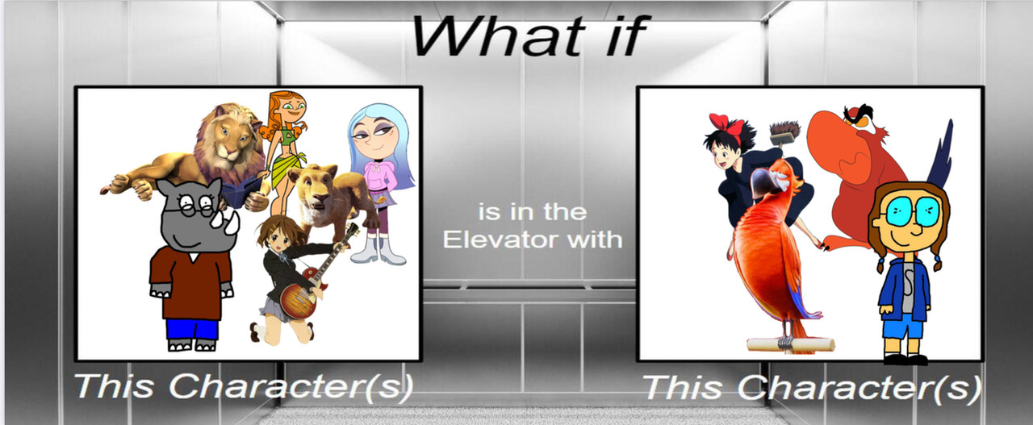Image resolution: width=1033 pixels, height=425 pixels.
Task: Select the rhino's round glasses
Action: click(x=194, y=205)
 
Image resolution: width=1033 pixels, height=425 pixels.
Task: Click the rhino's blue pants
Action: click(x=191, y=330)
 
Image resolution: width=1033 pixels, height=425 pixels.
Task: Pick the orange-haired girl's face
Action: click(x=290, y=110)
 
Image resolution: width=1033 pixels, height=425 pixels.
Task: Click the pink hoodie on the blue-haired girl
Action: click(x=379, y=177)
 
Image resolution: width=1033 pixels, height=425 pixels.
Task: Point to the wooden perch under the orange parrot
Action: click(x=790, y=344)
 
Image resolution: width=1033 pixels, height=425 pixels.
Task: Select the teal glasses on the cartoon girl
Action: click(x=906, y=212)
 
